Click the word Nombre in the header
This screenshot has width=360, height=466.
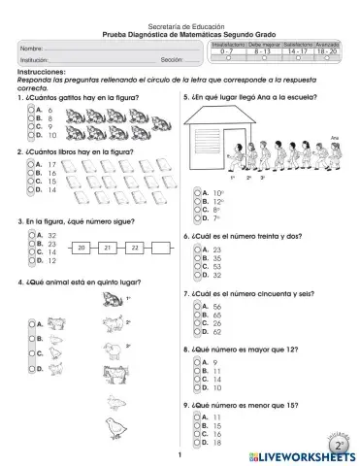point(31,47)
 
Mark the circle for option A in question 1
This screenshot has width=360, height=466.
point(28,110)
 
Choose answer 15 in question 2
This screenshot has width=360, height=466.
point(28,181)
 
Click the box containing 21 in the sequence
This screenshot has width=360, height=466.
point(108,249)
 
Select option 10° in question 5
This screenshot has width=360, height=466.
point(199,192)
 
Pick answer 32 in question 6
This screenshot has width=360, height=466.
point(199,275)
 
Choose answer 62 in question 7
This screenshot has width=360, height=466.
point(199,331)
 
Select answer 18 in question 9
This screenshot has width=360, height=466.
point(199,443)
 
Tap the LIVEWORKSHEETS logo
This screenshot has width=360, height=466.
point(303,455)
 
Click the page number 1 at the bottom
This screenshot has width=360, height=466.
point(180,455)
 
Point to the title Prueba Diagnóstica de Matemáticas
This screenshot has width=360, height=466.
point(180,33)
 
